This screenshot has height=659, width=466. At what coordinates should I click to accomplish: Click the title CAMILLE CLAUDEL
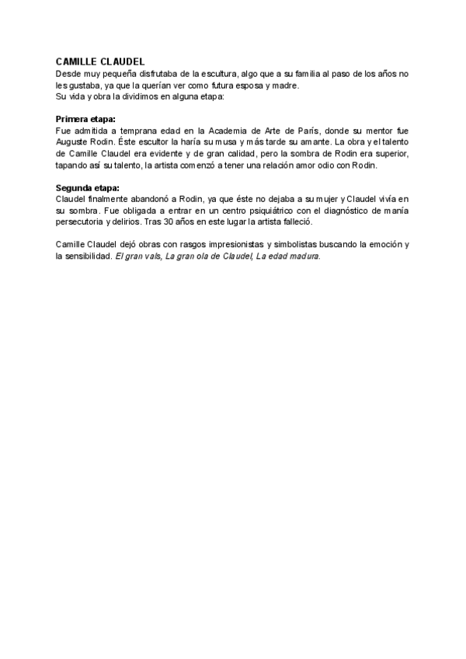100,62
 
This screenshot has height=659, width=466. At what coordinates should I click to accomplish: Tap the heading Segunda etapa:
87,188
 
